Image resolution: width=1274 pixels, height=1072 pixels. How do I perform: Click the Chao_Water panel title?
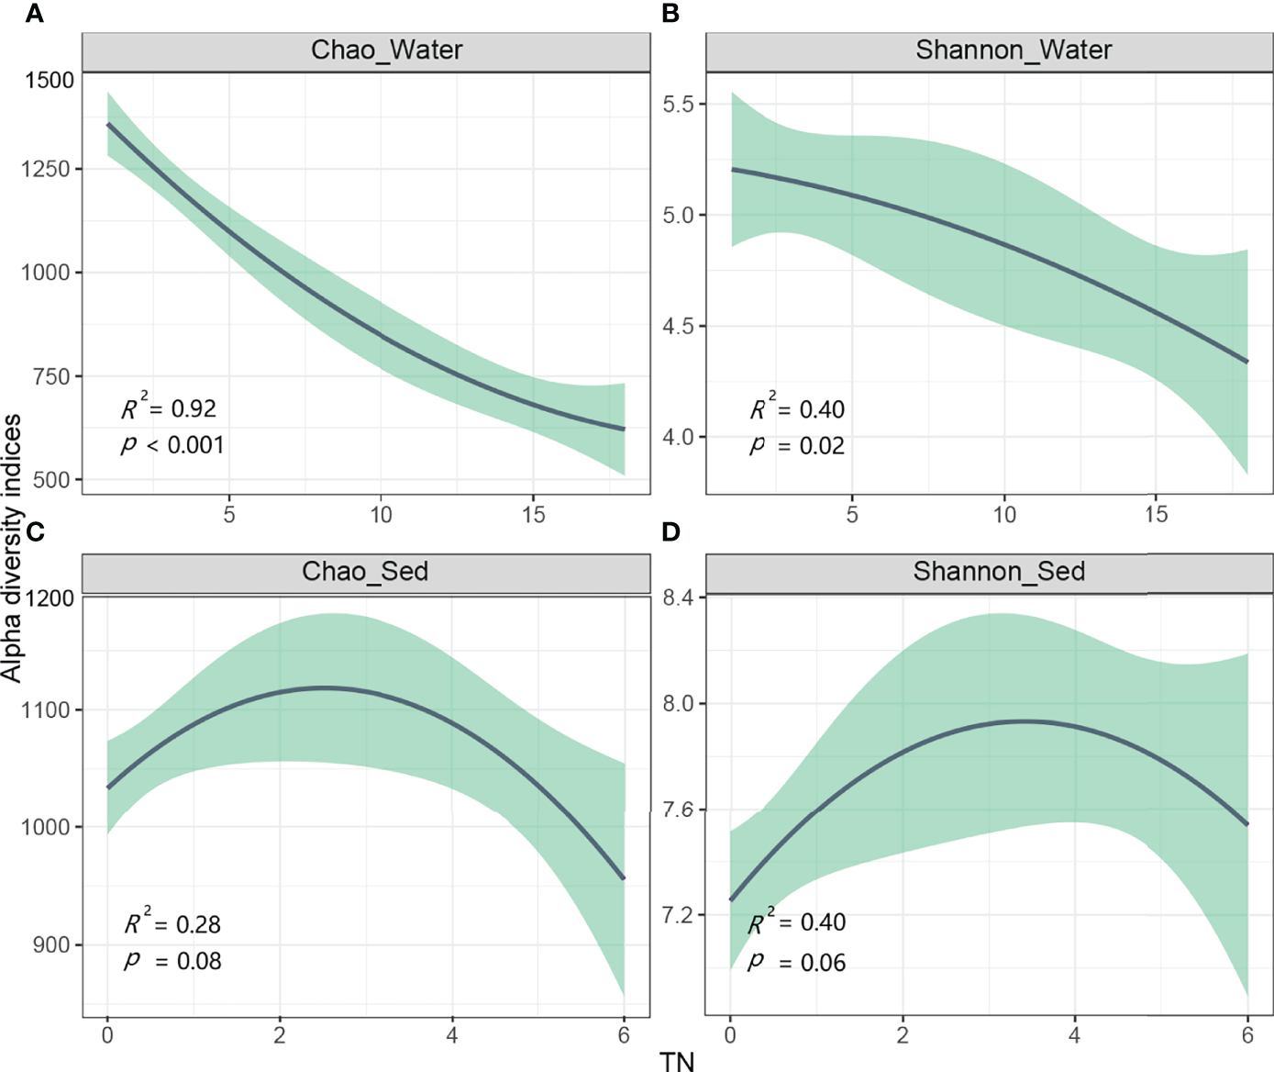(386, 50)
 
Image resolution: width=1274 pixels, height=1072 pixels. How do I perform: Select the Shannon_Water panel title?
(1013, 50)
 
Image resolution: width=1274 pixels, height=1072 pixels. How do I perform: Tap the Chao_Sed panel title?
(365, 571)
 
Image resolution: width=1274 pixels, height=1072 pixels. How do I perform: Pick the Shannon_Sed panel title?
(999, 571)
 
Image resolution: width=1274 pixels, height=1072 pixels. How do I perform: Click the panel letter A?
(34, 14)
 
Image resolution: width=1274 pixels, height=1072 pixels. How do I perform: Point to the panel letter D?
(670, 531)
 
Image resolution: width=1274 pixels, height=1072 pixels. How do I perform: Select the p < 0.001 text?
(172, 445)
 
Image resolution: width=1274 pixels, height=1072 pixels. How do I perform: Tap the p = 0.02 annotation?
(796, 446)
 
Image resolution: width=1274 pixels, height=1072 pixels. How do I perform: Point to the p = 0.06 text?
(796, 962)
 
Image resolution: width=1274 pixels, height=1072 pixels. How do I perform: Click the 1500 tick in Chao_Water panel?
(50, 81)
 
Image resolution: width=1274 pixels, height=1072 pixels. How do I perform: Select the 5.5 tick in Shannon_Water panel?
(679, 104)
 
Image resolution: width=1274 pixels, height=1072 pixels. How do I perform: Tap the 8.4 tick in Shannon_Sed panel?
(679, 597)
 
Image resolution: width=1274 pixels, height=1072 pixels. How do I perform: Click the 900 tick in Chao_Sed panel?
(51, 944)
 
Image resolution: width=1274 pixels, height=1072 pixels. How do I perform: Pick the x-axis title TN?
(677, 1061)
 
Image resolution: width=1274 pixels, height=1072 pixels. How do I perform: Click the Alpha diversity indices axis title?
(11, 548)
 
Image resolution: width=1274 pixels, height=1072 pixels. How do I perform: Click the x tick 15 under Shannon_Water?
(1156, 515)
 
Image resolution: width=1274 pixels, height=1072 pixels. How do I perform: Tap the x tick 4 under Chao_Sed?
(452, 1035)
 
